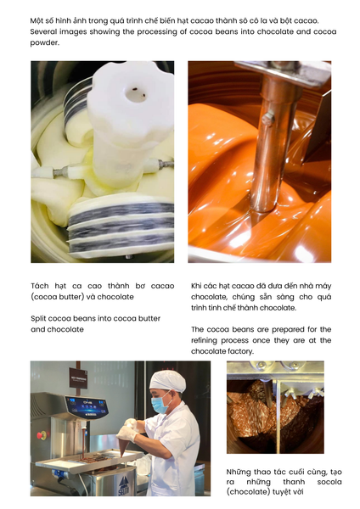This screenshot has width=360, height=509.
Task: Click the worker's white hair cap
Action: point(167,380)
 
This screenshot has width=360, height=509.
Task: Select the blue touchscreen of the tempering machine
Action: point(87,407)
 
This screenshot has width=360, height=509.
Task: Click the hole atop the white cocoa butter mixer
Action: point(136,94)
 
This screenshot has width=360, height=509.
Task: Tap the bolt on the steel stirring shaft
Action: point(267,119)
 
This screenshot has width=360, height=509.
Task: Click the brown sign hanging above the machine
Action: point(78,378)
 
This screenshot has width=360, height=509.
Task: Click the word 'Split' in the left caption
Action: point(38,319)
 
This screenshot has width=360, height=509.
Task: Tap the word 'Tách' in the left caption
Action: point(40,286)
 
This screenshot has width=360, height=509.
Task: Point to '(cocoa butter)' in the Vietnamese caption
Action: point(60,297)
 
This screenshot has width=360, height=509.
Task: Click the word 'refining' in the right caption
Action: point(204,340)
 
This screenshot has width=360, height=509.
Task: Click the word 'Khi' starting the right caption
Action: point(196,286)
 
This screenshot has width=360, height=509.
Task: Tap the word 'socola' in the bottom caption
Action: point(329,482)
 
